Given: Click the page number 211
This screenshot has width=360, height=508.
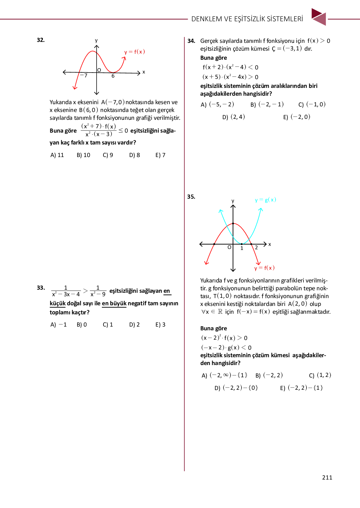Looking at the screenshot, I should point(327,477).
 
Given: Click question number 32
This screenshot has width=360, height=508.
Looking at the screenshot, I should point(41,40).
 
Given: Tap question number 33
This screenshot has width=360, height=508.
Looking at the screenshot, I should point(41,288).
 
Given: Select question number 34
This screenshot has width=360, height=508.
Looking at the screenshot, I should point(191,41).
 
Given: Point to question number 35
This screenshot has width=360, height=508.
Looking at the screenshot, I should point(191,197).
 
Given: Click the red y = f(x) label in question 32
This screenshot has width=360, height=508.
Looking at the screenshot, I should point(135,52).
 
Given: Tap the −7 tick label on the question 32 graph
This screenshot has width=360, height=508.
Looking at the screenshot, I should point(83,75).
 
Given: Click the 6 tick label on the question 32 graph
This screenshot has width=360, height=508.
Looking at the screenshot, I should point(113,76).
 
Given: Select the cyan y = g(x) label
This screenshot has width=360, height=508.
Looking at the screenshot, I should point(266,200).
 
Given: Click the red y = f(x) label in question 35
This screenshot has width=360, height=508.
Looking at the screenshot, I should point(264,268).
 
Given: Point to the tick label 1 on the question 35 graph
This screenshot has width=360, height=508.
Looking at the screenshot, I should point(242,248).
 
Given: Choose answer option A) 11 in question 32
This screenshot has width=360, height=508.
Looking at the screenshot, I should point(57,155).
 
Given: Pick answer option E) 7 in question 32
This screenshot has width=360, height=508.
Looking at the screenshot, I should point(160,155).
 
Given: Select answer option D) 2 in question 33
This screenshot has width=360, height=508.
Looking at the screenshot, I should point(134,325).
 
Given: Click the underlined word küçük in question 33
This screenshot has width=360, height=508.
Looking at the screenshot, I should point(57,303).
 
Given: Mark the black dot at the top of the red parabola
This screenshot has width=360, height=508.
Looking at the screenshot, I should point(233,223).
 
